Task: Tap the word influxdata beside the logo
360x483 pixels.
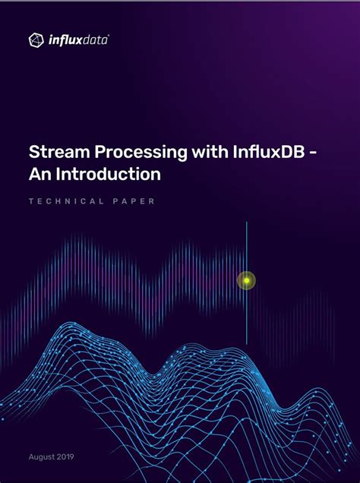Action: click(80, 39)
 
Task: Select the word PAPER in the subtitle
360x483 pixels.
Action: click(134, 201)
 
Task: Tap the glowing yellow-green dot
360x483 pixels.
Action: click(246, 281)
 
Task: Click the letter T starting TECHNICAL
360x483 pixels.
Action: click(30, 201)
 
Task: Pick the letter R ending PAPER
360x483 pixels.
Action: click(153, 201)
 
